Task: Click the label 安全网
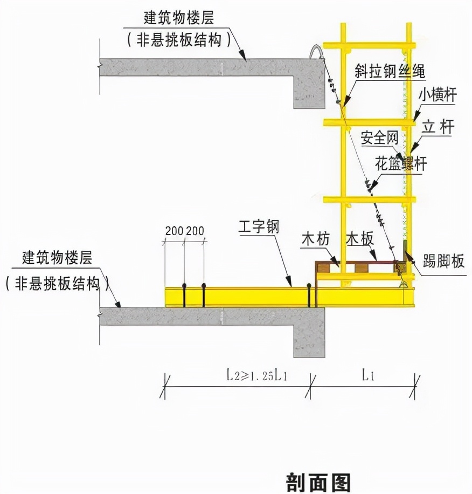coord(379,138)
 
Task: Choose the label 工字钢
coord(259,227)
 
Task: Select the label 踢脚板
coord(443,262)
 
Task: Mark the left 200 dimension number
coord(174,231)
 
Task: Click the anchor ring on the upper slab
coord(315,52)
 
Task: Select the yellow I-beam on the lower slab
coord(242,296)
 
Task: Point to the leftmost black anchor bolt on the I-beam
coord(184,294)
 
